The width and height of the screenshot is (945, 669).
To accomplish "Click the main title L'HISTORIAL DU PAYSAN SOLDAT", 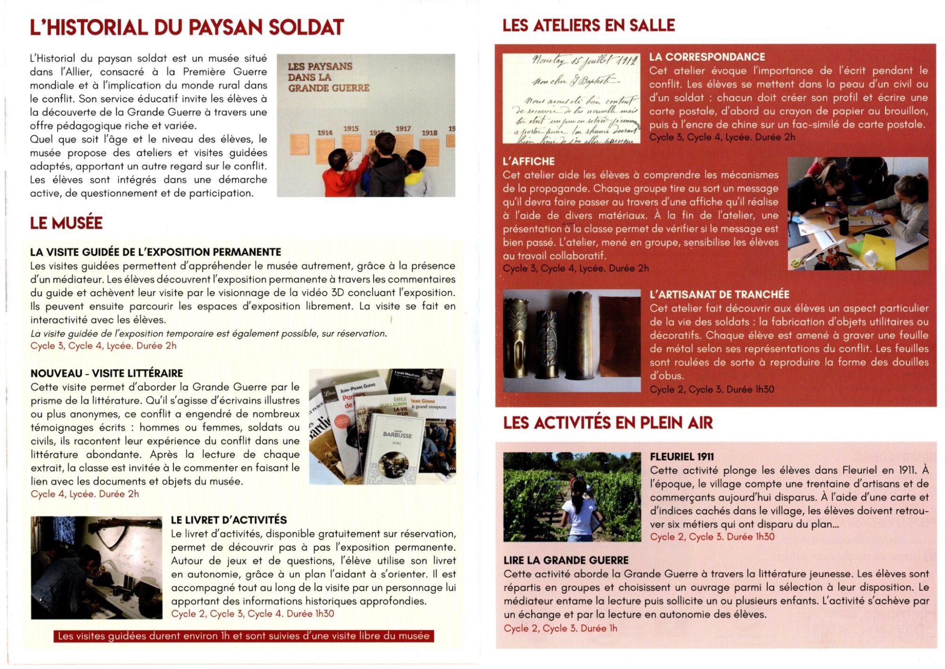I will (187, 27).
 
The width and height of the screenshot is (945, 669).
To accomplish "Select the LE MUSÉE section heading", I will (66, 223).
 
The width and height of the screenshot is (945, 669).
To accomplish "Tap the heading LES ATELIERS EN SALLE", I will (588, 26).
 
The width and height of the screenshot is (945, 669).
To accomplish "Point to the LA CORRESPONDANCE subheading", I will (706, 57).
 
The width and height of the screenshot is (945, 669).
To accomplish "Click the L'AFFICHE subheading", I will (528, 161).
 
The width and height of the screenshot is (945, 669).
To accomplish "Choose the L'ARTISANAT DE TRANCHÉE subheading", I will (719, 295).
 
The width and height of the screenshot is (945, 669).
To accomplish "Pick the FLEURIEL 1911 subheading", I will (681, 457).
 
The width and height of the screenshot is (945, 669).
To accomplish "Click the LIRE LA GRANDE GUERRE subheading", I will (566, 560).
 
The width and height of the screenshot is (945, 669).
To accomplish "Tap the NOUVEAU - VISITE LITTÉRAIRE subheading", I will (106, 374).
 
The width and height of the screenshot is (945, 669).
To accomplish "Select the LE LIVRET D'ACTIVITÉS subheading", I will (229, 520).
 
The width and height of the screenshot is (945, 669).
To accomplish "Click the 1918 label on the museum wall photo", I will (429, 133).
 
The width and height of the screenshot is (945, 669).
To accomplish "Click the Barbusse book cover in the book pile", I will (397, 447).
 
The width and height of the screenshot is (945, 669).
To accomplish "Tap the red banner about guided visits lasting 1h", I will (243, 636).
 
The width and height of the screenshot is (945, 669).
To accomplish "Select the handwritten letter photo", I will (571, 98).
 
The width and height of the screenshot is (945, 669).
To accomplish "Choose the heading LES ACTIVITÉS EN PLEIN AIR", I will (608, 423).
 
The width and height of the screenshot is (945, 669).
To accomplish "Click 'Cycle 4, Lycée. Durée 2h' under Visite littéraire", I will (85, 494).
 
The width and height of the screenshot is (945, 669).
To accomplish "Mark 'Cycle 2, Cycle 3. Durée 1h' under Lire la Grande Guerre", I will (560, 628).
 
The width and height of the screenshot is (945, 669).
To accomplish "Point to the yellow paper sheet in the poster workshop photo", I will (876, 248).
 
